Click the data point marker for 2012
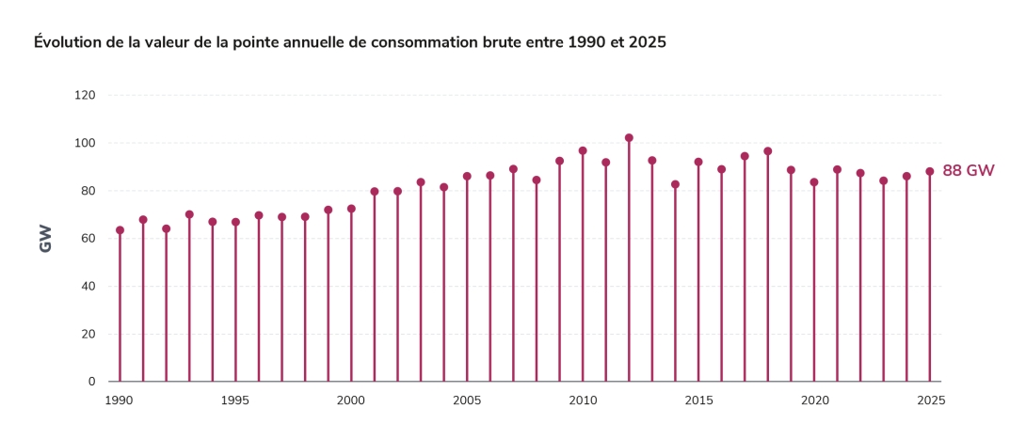(x=629, y=138)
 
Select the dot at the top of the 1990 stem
(x=120, y=230)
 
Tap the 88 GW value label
(x=968, y=170)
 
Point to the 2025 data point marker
(x=930, y=172)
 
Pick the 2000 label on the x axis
(x=351, y=400)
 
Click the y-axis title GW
(x=45, y=239)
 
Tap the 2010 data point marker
(x=583, y=150)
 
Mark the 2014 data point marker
(x=675, y=184)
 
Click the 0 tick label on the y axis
(x=91, y=382)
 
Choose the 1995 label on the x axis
(x=235, y=400)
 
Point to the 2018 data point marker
(x=768, y=151)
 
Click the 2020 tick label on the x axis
(x=814, y=400)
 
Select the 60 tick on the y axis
(x=88, y=239)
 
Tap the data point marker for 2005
(x=467, y=177)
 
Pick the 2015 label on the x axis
(x=698, y=400)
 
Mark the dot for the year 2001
(x=375, y=192)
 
